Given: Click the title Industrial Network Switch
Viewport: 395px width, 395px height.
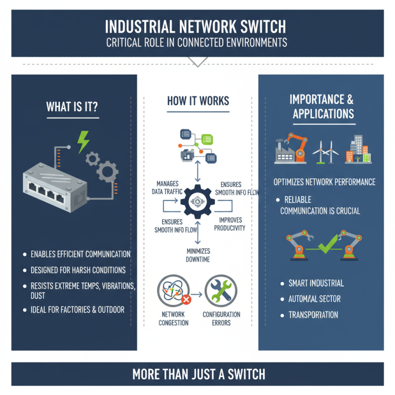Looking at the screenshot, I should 197,26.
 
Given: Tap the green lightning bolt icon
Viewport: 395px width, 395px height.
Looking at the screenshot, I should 83,142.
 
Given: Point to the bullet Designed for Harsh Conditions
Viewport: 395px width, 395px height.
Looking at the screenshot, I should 78,270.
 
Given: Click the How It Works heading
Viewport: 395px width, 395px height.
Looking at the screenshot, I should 197,101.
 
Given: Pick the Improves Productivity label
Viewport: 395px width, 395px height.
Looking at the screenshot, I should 229,224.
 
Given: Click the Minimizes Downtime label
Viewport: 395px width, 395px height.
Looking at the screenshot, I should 198,255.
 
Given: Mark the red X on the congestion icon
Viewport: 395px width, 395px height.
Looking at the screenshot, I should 186,299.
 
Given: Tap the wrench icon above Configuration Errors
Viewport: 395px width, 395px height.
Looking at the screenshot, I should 221,290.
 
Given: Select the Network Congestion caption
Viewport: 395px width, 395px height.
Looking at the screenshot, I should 173,318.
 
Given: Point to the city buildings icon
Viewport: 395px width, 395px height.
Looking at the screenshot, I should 358,149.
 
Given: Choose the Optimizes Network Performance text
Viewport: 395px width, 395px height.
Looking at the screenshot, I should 324,182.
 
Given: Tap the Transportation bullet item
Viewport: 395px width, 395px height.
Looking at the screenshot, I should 313,315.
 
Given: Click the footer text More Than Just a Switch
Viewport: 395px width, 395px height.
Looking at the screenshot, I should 198,374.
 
